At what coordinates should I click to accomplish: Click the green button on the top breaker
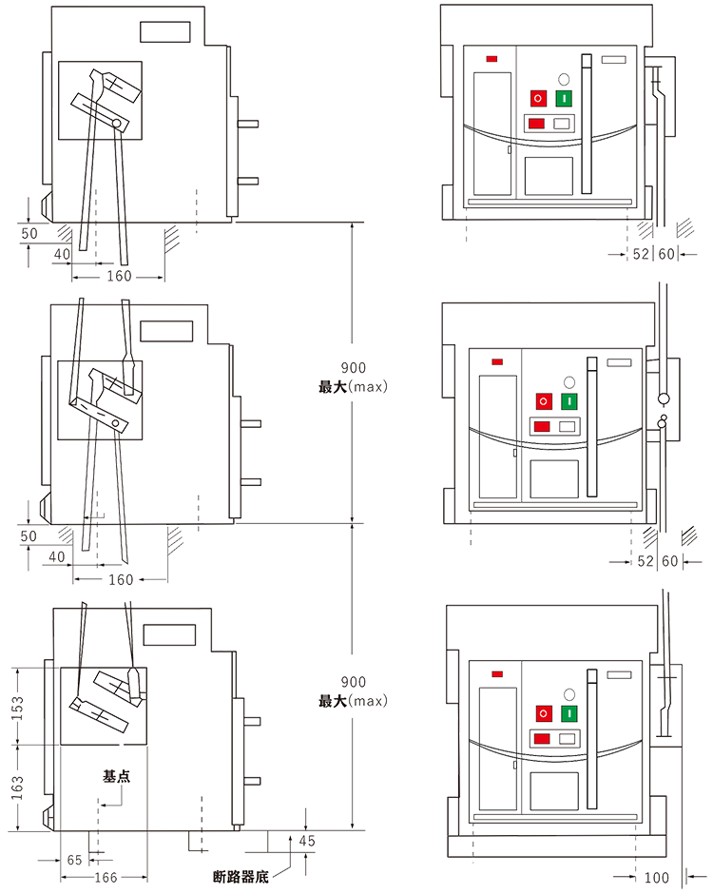tap(564, 97)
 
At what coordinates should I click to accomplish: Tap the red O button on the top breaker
tap(539, 98)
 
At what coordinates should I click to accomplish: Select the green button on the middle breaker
tap(568, 402)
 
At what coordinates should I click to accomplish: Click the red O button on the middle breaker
tap(544, 402)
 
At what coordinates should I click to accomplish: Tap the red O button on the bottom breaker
tap(545, 714)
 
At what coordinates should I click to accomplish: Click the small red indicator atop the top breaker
tap(493, 60)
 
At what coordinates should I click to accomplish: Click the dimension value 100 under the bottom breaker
tap(659, 873)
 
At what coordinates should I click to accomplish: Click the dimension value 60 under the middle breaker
tap(668, 561)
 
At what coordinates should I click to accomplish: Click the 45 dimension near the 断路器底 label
tap(306, 841)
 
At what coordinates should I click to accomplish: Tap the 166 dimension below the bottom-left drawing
tap(106, 877)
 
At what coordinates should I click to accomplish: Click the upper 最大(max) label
tap(353, 387)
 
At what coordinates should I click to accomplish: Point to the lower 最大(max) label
tap(353, 701)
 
